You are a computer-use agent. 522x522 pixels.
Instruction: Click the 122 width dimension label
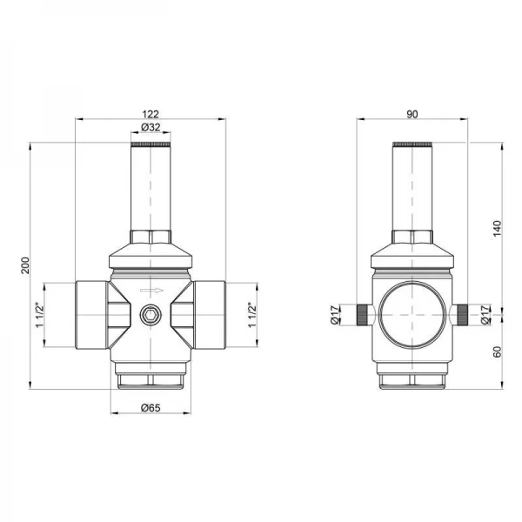[151, 114]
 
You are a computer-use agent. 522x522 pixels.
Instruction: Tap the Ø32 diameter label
[151, 127]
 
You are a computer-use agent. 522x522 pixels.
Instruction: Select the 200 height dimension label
[25, 265]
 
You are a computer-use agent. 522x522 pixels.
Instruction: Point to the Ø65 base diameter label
[151, 408]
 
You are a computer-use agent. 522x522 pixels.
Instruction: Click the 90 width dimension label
[412, 114]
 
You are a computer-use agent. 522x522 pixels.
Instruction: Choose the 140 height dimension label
[497, 228]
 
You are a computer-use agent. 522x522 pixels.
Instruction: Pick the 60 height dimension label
[497, 351]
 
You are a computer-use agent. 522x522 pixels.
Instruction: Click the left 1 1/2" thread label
[40, 315]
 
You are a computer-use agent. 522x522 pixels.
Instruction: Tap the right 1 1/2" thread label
[252, 315]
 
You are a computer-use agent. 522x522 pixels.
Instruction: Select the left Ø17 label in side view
[335, 315]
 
